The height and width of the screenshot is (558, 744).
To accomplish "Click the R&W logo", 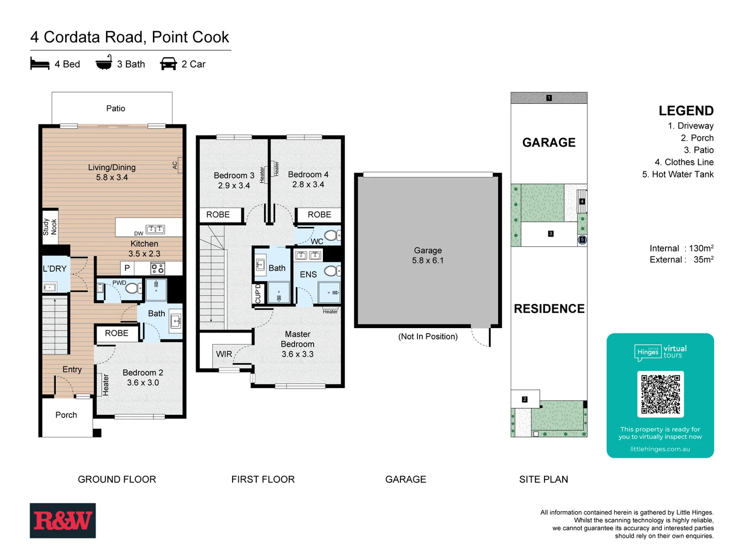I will pyautogui.click(x=63, y=520).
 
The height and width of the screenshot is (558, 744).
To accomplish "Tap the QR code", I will pyautogui.click(x=660, y=394).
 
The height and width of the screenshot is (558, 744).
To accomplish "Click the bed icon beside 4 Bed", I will pyautogui.click(x=40, y=64).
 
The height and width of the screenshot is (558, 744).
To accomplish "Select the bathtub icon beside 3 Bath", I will pyautogui.click(x=104, y=63).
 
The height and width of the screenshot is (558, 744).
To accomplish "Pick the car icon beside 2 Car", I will pyautogui.click(x=168, y=64).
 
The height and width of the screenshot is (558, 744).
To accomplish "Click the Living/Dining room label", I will pyautogui.click(x=112, y=167).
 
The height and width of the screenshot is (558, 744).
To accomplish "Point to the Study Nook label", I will pyautogui.click(x=50, y=226).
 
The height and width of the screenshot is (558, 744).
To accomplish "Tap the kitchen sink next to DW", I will pyautogui.click(x=155, y=229).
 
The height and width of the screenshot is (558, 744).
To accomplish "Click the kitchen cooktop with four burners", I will pyautogui.click(x=158, y=268).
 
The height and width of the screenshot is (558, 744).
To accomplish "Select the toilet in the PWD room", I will pyautogui.click(x=132, y=288).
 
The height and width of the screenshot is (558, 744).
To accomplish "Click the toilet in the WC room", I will pyautogui.click(x=332, y=236).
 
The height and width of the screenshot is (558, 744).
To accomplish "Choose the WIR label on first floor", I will pyautogui.click(x=224, y=354).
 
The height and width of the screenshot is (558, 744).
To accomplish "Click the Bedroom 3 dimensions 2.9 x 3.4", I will pyautogui.click(x=234, y=185).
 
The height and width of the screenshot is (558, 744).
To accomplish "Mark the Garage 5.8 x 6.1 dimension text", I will pyautogui.click(x=427, y=260).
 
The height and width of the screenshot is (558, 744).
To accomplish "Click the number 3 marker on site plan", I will pyautogui.click(x=551, y=234).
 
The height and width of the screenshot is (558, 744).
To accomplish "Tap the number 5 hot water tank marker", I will pyautogui.click(x=582, y=240).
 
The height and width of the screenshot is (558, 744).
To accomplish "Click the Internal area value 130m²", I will pyautogui.click(x=701, y=249).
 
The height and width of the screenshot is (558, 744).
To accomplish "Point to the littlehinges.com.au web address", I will pyautogui.click(x=660, y=449).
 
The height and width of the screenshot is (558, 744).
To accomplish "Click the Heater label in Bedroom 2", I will pyautogui.click(x=106, y=385).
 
